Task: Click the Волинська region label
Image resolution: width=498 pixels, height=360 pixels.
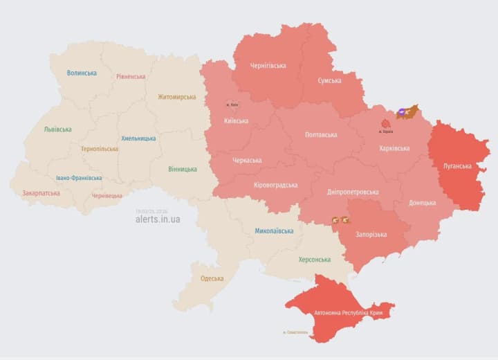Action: pyautogui.click(x=82, y=73)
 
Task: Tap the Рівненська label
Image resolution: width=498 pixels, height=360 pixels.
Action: pyautogui.click(x=131, y=77)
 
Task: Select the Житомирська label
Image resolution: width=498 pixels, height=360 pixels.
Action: pyautogui.click(x=176, y=97)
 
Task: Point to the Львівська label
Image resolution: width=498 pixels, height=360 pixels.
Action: pyautogui.click(x=57, y=129)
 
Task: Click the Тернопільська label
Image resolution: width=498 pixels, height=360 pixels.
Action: pyautogui.click(x=99, y=149)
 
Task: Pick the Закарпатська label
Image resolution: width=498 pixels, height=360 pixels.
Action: pyautogui.click(x=41, y=194)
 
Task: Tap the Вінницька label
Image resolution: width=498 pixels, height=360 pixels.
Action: pyautogui.click(x=182, y=169)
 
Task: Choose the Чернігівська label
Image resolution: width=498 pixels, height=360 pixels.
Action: pyautogui.click(x=268, y=66)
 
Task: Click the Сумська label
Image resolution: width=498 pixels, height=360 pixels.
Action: pyautogui.click(x=329, y=81)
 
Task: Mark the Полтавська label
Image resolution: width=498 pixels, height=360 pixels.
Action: pyautogui.click(x=321, y=135)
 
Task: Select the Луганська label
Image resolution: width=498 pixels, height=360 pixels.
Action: pyautogui.click(x=457, y=166)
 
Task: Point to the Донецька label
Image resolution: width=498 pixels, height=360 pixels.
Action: pyautogui.click(x=422, y=203)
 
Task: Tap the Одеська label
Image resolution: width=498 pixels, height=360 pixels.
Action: pyautogui.click(x=212, y=278)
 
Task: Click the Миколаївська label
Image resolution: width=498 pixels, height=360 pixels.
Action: pyautogui.click(x=274, y=231)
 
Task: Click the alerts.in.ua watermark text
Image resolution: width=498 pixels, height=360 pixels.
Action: pyautogui.click(x=158, y=219)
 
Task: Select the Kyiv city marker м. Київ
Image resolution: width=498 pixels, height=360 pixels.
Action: pyautogui.click(x=232, y=105)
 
